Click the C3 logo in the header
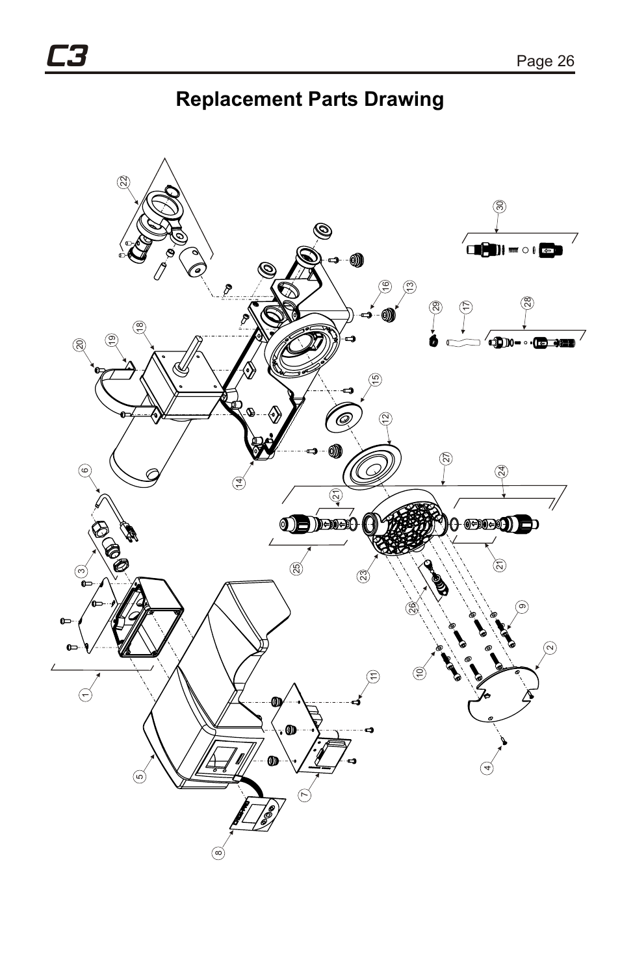click(x=66, y=57)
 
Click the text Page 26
click(x=545, y=61)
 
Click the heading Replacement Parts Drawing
click(x=309, y=99)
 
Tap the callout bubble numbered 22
click(x=123, y=183)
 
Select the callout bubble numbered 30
click(x=499, y=206)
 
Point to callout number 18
click(x=139, y=328)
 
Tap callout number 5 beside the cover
click(x=140, y=775)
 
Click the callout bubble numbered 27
click(x=446, y=458)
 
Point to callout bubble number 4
click(x=487, y=767)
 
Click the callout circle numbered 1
click(x=84, y=694)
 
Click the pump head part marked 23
click(x=406, y=520)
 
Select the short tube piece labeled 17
click(x=463, y=340)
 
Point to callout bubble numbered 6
click(x=84, y=471)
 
